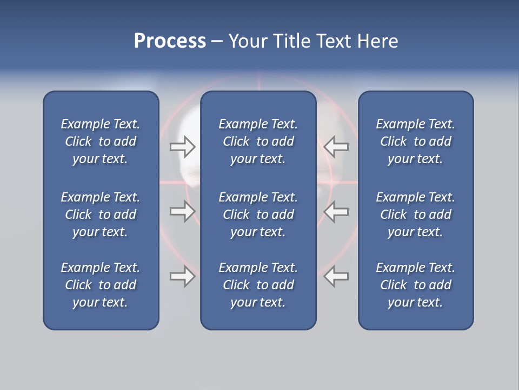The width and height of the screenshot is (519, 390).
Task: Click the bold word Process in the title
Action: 170,41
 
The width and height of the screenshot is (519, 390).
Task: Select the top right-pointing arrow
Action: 183,147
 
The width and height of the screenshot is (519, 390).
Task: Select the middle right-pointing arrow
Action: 183,211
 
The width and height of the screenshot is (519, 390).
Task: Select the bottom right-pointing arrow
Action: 183,276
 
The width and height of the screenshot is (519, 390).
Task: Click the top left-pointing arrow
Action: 336,147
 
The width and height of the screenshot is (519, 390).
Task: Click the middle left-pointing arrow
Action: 336,211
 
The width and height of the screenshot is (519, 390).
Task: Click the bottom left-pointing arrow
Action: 336,276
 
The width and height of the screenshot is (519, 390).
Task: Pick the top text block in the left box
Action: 101,141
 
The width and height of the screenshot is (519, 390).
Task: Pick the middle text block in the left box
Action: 101,214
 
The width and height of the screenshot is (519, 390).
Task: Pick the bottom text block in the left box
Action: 101,285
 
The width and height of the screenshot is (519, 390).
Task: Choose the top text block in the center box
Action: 258,141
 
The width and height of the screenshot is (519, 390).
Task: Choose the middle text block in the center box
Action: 258,214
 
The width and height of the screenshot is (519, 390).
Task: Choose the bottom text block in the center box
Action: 258,285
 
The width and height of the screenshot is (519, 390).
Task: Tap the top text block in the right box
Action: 416,141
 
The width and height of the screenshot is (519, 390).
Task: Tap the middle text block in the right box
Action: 416,214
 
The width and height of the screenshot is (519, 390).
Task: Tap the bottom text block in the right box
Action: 416,285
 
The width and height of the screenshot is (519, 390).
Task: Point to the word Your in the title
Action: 248,41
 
